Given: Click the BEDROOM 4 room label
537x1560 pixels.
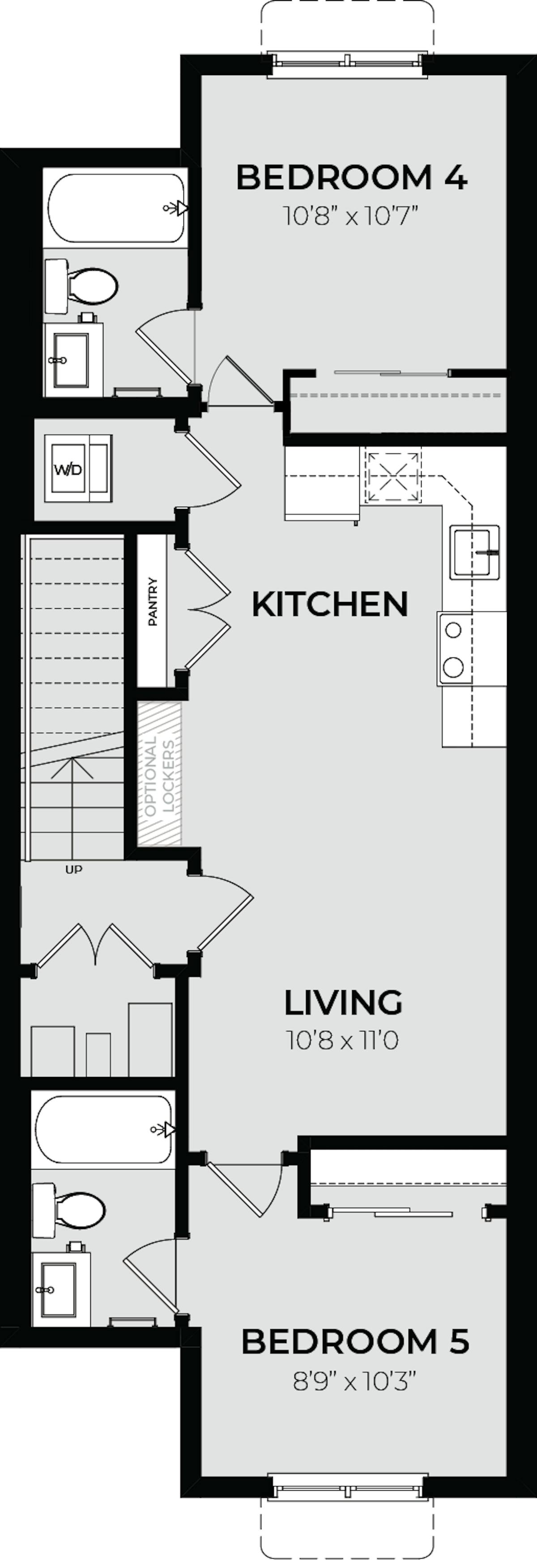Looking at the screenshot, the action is point(352,178).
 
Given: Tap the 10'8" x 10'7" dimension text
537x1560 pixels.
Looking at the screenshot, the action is point(352,216).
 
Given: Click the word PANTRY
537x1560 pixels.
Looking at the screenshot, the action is point(152,602).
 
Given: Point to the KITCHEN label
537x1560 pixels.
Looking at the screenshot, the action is point(330,604).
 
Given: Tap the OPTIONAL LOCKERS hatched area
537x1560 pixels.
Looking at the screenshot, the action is point(159,773).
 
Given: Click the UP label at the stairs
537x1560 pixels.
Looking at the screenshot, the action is point(73,869).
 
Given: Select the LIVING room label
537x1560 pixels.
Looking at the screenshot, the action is point(343,1002).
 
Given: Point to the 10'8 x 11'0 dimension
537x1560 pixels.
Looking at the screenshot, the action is point(343,1040).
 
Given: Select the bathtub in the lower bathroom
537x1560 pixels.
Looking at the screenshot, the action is point(103,1129).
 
